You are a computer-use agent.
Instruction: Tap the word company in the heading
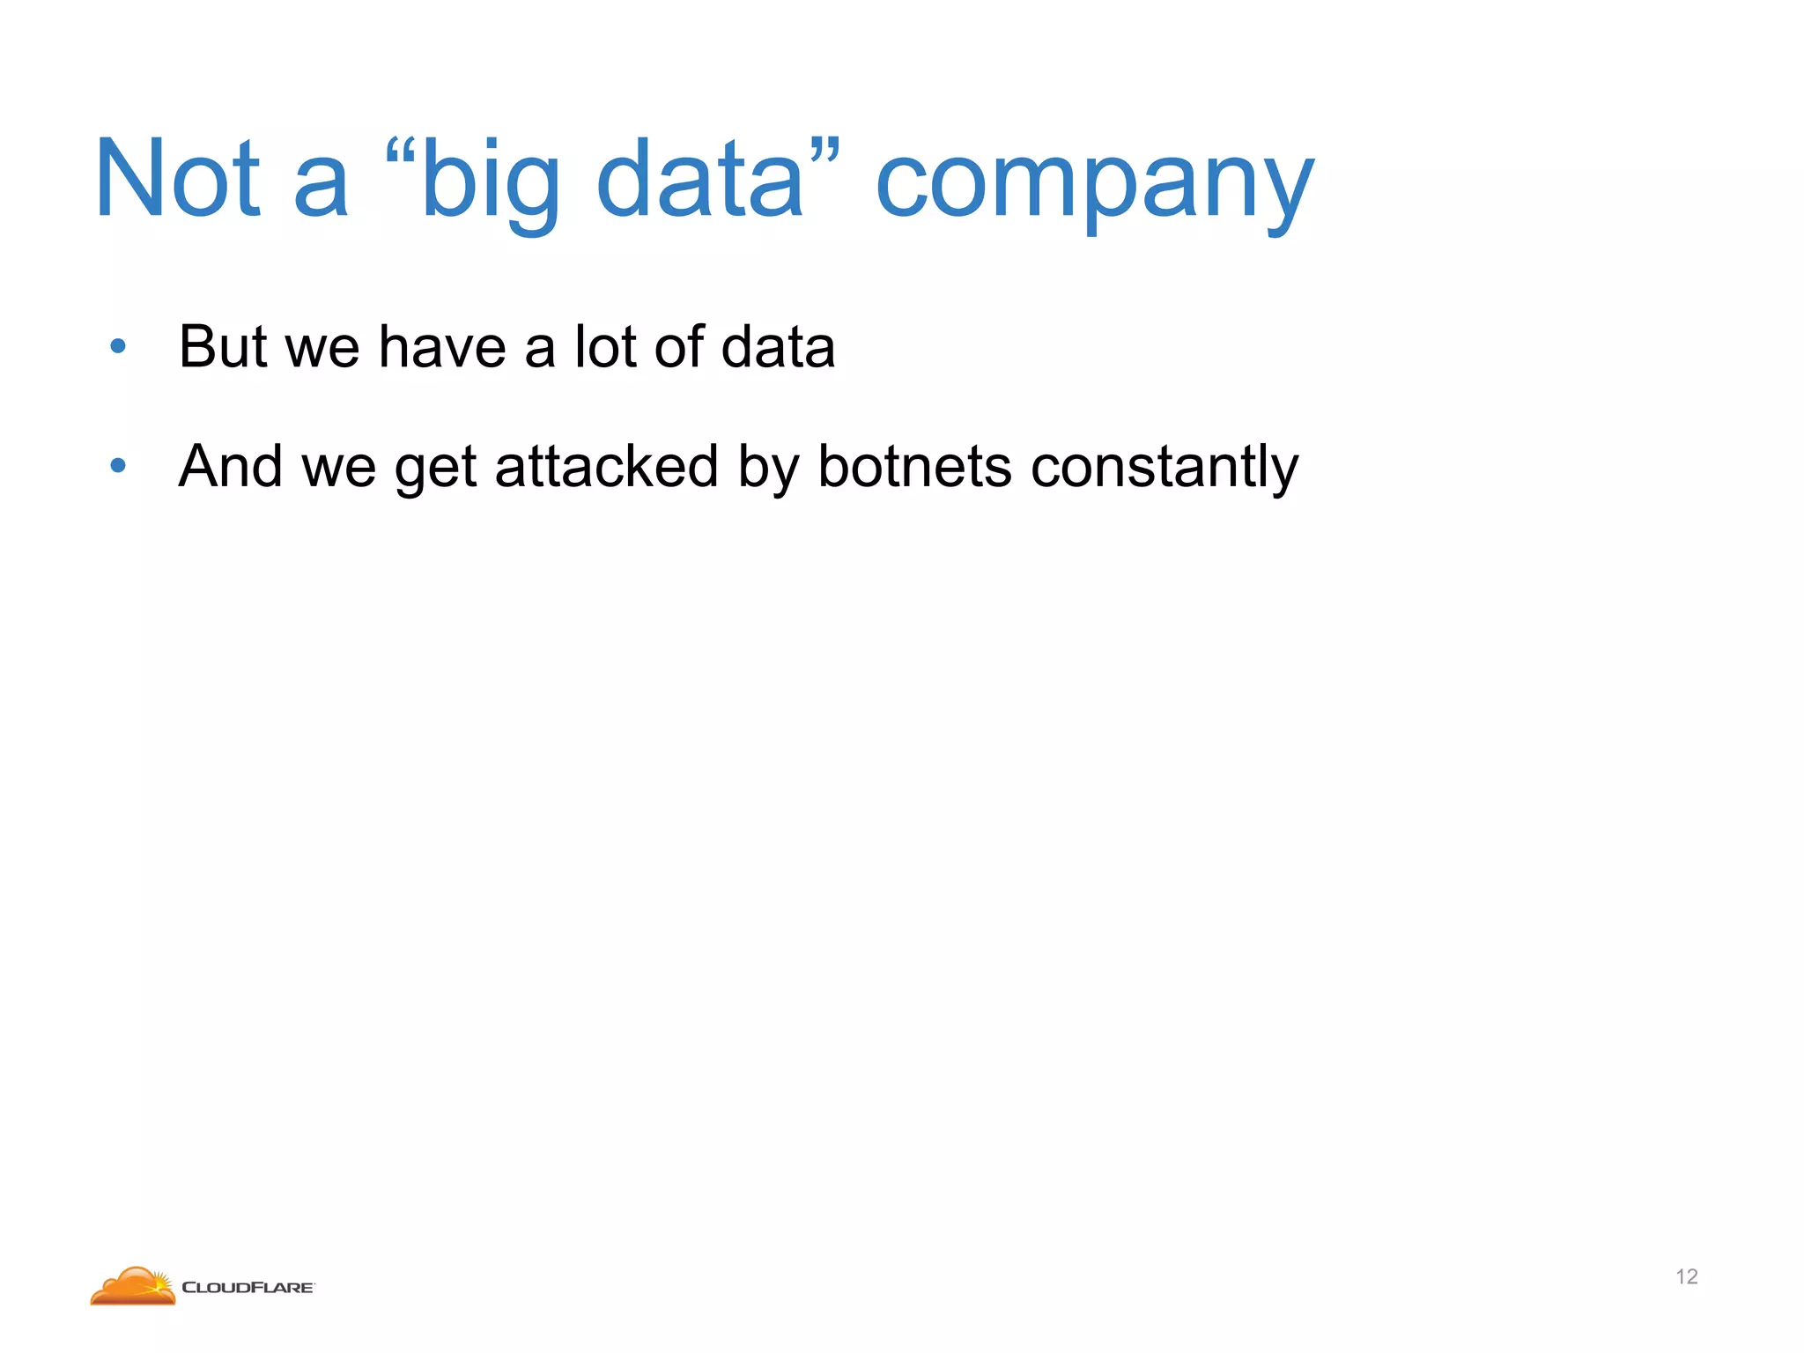(1095, 183)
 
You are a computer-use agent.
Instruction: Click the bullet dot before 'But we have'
(118, 346)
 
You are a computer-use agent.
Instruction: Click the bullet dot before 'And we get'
(118, 465)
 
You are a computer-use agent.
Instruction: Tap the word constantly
(1164, 467)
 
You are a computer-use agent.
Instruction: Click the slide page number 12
(1686, 1276)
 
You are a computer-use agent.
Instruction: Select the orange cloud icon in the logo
(133, 1286)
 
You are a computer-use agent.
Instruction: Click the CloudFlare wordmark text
(248, 1287)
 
